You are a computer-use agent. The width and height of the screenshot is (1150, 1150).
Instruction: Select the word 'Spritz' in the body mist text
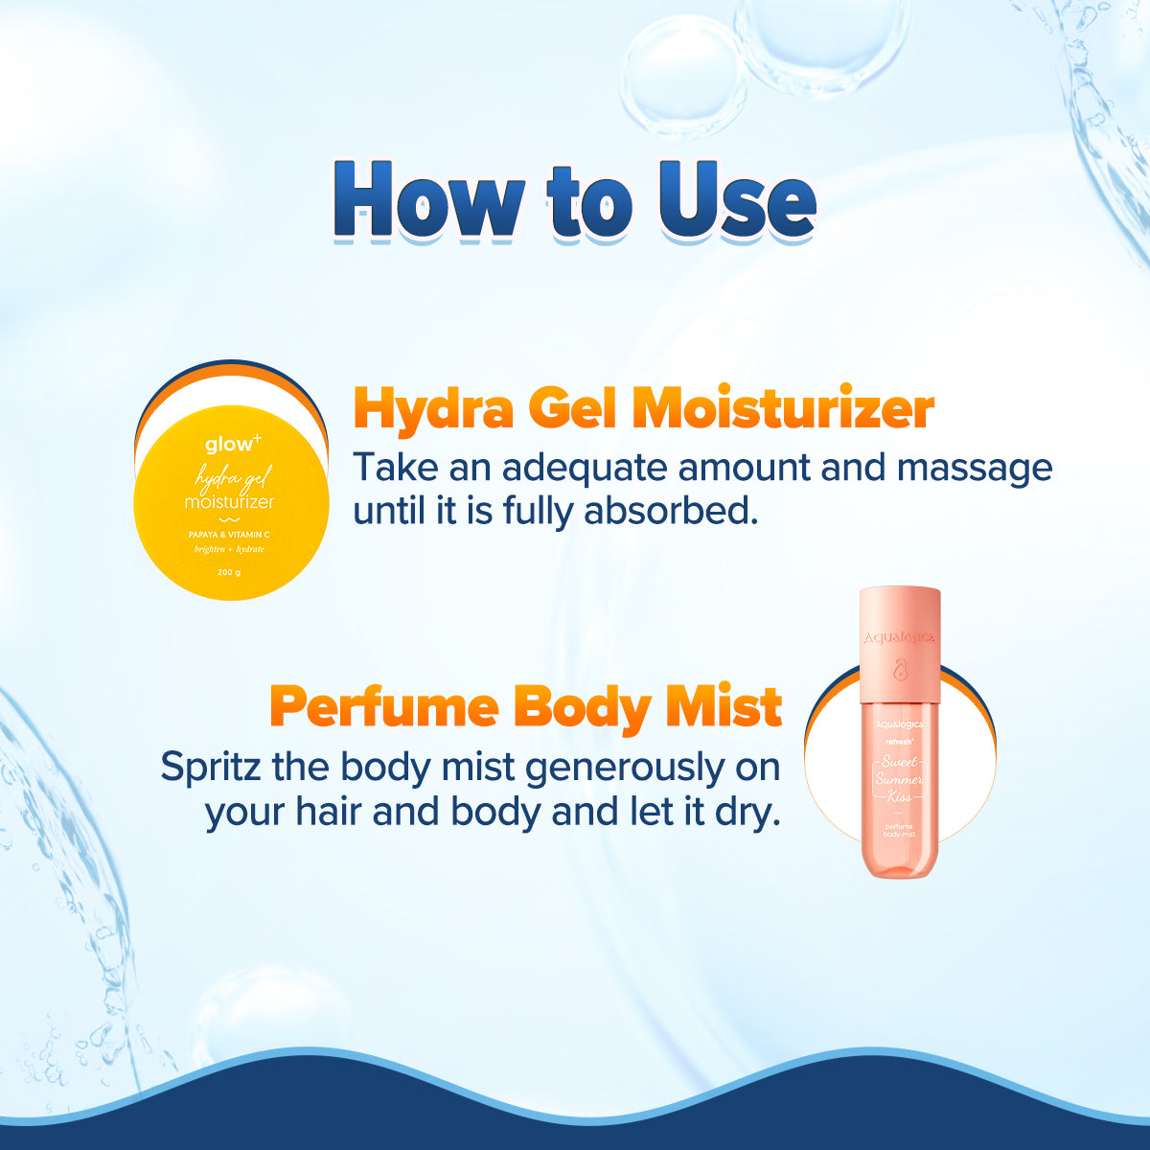(x=211, y=768)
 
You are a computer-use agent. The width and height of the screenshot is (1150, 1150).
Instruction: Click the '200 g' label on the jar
(x=229, y=573)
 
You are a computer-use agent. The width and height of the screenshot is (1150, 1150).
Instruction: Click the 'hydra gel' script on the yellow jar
(x=233, y=476)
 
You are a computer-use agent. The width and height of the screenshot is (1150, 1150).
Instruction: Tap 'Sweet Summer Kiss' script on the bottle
(x=899, y=779)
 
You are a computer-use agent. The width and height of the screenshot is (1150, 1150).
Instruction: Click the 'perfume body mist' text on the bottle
(x=899, y=830)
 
